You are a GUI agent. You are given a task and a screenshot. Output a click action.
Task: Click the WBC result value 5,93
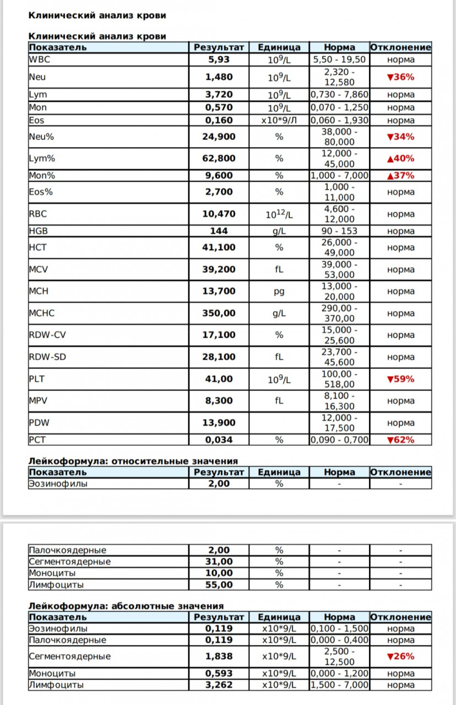tap(219, 60)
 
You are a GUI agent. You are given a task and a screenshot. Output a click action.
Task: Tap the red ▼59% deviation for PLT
tap(400, 379)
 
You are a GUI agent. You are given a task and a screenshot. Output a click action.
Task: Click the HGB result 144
tap(219, 231)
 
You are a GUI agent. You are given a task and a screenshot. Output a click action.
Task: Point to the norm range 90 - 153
tap(339, 231)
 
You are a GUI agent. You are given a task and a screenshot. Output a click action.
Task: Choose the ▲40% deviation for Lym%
tap(400, 159)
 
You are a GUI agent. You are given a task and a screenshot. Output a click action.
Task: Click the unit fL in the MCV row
tap(279, 269)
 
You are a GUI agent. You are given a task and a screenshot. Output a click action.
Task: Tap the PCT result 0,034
tap(219, 440)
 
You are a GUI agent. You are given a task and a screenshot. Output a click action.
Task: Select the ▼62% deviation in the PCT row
tap(400, 440)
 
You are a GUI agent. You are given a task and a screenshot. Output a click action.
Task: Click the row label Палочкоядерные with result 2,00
tap(67, 550)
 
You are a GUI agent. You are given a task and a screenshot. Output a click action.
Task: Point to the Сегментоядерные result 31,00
tap(219, 561)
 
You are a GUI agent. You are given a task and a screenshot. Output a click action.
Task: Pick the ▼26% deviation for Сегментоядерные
tap(400, 657)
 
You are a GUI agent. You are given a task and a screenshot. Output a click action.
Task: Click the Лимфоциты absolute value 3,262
tap(219, 685)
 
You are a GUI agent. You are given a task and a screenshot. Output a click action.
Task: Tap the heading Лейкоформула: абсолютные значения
tap(126, 606)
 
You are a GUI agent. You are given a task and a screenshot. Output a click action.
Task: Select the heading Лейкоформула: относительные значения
tap(133, 460)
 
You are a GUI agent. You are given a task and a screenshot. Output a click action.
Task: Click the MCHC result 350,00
tap(219, 313)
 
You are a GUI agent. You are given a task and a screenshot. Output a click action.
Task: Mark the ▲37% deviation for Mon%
tap(400, 176)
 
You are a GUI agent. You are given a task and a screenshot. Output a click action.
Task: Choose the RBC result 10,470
tap(219, 214)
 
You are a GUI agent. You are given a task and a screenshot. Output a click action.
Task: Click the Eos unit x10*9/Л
tap(279, 120)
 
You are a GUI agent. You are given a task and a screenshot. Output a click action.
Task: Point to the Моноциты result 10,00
tap(219, 573)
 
